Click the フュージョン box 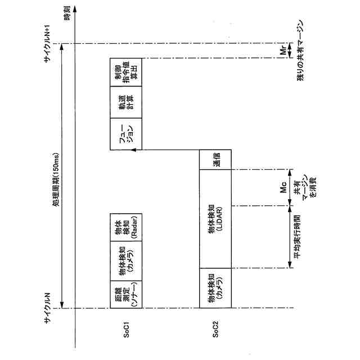pos(125,134)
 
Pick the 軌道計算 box pos(125,102)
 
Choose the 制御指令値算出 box pos(125,72)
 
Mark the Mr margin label pos(284,51)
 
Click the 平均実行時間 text pos(296,237)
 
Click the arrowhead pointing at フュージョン pos(139,150)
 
